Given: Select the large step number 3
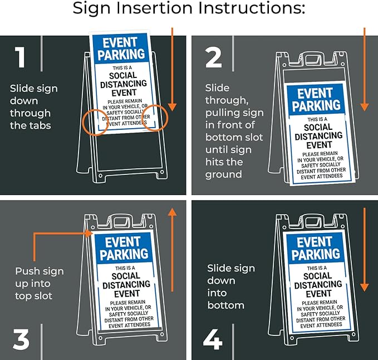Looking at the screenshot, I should tap(21, 339).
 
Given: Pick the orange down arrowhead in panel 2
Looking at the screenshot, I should tap(365, 105).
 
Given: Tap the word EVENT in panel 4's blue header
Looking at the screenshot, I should tap(315, 241).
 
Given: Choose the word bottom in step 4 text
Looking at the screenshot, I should tap(226, 305).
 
